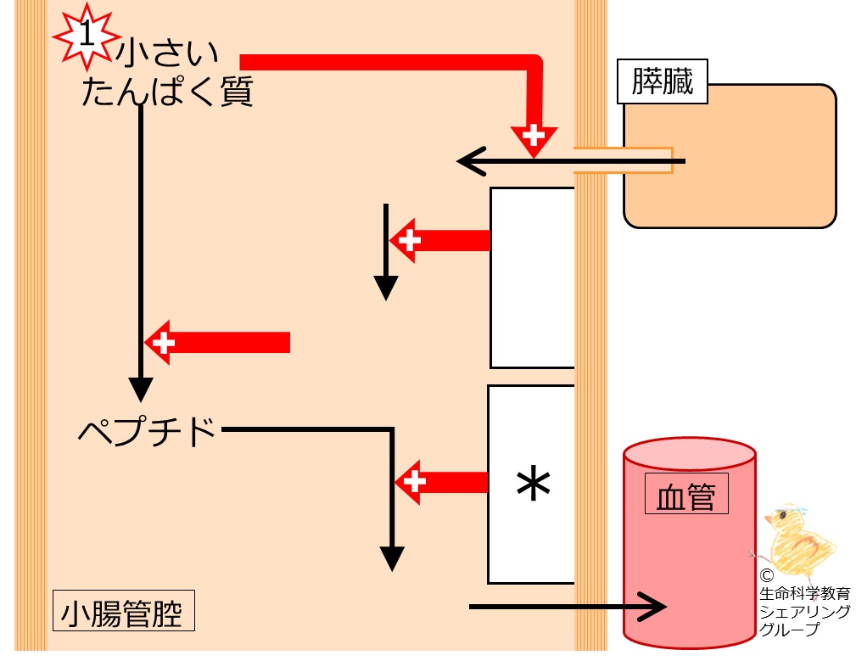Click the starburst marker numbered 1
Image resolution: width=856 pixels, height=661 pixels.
coord(87,36)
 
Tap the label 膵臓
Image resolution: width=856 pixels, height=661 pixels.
coord(663,81)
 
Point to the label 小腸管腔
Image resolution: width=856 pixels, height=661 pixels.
coord(123,610)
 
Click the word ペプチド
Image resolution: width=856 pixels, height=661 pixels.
coord(148,432)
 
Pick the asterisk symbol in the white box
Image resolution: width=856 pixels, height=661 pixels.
coord(533,485)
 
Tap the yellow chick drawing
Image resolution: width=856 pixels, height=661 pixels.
coord(797,539)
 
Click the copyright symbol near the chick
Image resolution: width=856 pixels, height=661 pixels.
coord(766,575)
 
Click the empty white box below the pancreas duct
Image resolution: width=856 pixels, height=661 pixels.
coord(532,277)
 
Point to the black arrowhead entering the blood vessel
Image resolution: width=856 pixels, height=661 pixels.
coord(652,607)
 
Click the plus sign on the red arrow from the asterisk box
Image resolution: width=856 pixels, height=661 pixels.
coord(414,482)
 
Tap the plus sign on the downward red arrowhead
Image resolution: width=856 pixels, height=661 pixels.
coord(534,134)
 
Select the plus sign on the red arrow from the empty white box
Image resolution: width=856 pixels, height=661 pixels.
coord(410,240)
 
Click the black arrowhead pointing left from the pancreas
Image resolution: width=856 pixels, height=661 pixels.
coord(471,161)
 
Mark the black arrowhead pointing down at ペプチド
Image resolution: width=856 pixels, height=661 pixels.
coord(140,389)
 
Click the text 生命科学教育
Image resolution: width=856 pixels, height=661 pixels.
coord(805,593)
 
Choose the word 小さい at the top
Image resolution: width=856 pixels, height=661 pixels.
coord(167,53)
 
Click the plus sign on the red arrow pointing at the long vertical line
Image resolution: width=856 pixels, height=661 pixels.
coord(163,343)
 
